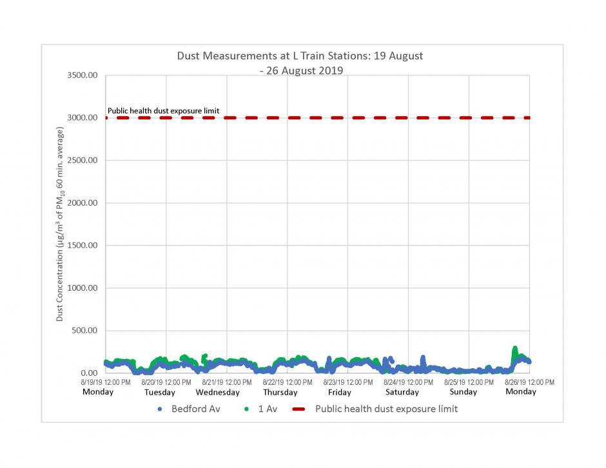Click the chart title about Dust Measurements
[x=300, y=63]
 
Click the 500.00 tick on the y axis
[x=84, y=331]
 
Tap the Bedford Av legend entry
[x=190, y=409]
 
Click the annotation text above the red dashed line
[x=163, y=111]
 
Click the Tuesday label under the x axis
[x=159, y=392]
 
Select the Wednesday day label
[x=217, y=392]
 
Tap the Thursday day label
[x=280, y=392]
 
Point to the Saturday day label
[x=402, y=392]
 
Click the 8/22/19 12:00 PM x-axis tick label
[x=288, y=382]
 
